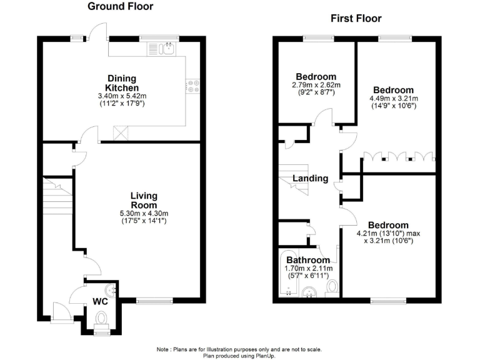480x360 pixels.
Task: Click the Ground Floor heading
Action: point(120,7)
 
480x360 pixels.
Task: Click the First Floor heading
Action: point(356,18)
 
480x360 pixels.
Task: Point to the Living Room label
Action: point(144,201)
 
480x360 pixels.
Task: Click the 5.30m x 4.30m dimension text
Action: point(144,214)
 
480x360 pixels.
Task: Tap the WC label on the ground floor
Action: point(101,301)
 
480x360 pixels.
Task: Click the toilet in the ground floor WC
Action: point(101,320)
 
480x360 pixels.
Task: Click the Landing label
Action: point(311,179)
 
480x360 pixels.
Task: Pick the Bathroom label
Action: point(308,260)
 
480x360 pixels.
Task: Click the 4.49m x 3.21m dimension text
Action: point(394,98)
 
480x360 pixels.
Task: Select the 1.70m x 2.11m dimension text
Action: point(308,269)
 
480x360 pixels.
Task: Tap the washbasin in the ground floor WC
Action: point(112,289)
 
